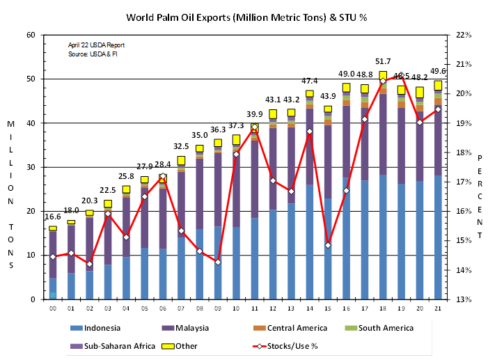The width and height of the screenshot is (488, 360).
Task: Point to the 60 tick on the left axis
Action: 31,35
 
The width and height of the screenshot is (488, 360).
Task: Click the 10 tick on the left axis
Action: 31,255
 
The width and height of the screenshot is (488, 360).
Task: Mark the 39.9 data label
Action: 255,114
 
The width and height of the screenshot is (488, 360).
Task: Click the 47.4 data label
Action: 310,81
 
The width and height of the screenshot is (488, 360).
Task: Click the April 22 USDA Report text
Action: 96,45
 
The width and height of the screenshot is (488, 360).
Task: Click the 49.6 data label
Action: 439,71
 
